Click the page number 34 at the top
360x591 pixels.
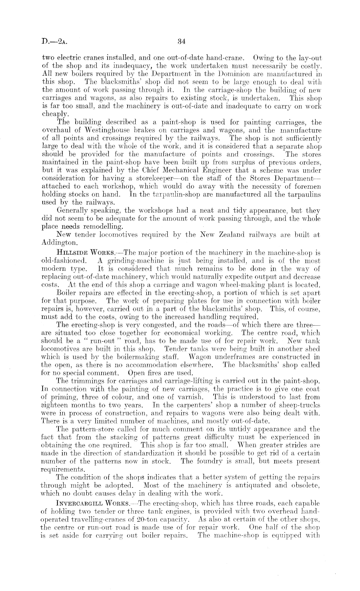pos(181,41)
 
